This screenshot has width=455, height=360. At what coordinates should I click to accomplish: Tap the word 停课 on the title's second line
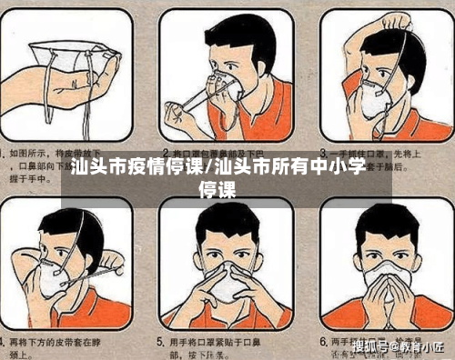(x=217, y=190)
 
